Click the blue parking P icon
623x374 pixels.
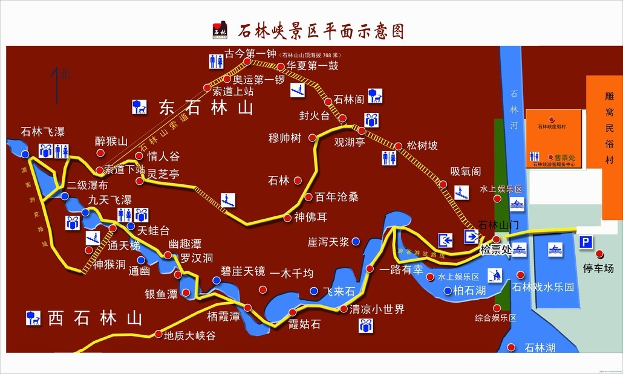tap(585, 242)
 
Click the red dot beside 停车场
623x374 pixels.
tap(599, 254)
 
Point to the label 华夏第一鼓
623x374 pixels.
tap(312, 66)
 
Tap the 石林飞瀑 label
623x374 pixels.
tap(42, 131)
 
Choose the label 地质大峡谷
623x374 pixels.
tap(189, 335)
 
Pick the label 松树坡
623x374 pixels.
tap(422, 146)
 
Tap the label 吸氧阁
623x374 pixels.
tap(466, 172)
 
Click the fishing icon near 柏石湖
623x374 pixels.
tap(494, 275)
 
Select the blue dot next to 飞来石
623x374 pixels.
tap(314, 291)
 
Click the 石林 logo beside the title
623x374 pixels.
tap(221, 30)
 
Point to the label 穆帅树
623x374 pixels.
tap(285, 138)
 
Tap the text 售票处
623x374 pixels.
tap(564, 157)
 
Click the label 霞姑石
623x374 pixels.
tap(304, 324)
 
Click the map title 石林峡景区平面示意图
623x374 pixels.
tap(321, 30)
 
